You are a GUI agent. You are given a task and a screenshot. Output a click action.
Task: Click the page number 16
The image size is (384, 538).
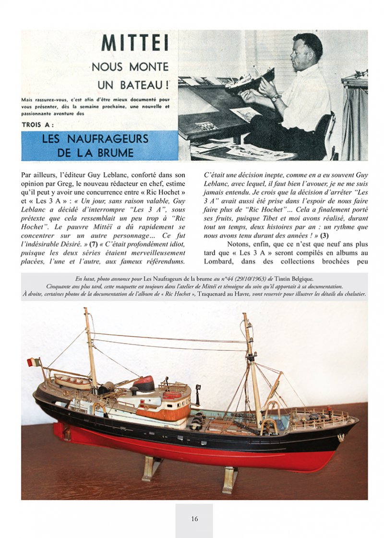point(194,518)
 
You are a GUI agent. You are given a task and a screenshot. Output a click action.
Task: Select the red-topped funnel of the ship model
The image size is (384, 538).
point(144,383)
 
